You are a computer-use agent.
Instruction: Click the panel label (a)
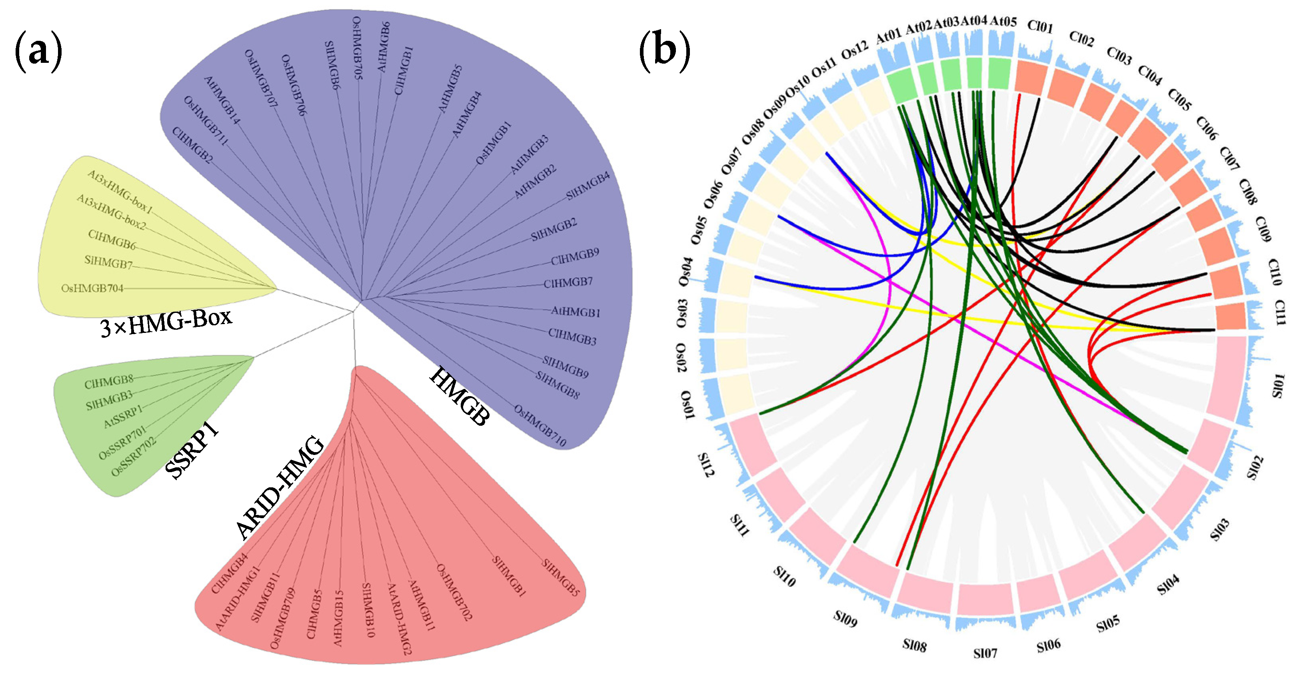click(x=38, y=51)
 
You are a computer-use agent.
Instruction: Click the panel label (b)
click(x=664, y=51)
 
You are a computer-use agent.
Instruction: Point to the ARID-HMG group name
click(x=280, y=488)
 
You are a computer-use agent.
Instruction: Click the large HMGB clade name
click(x=460, y=396)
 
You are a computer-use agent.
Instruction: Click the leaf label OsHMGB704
click(x=92, y=288)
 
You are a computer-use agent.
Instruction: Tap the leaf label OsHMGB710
click(x=540, y=426)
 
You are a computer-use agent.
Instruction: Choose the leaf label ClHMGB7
click(x=568, y=283)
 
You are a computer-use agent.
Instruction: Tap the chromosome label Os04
click(x=685, y=272)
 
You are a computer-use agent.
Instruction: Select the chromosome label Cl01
click(x=1040, y=26)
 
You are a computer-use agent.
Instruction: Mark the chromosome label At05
click(x=1003, y=21)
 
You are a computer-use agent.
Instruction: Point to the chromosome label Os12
click(x=855, y=50)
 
